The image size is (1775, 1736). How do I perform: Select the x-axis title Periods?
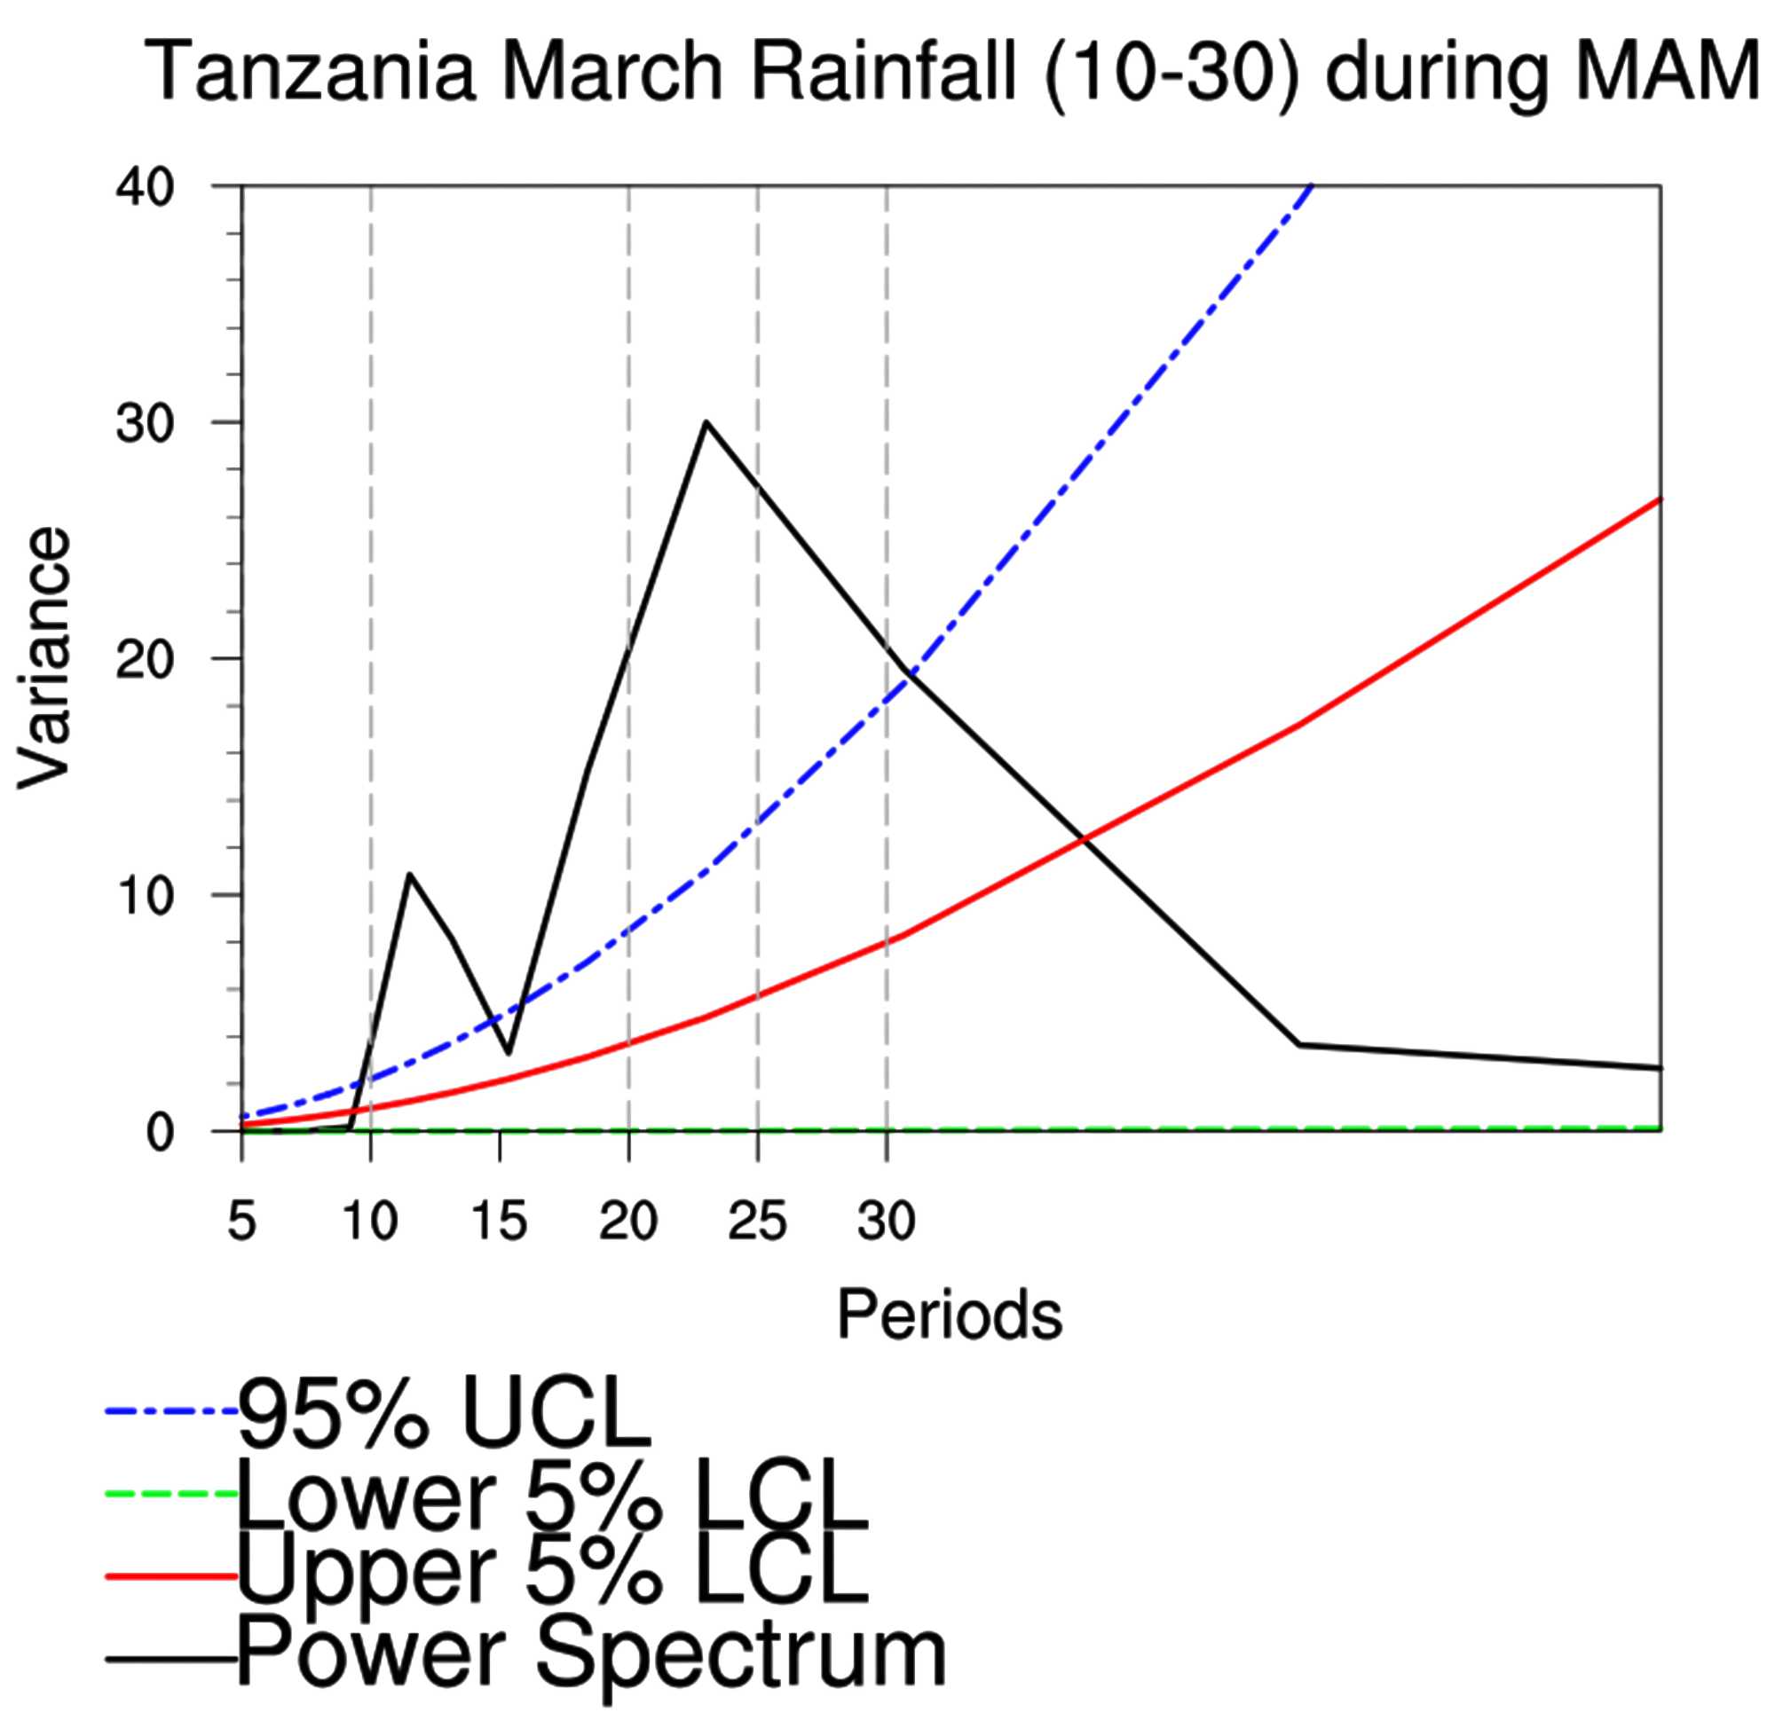[949, 1315]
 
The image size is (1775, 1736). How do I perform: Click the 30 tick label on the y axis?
[144, 424]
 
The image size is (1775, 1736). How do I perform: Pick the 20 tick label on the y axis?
[144, 660]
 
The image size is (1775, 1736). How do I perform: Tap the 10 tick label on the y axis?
[144, 896]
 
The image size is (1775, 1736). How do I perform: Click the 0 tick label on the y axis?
[159, 1133]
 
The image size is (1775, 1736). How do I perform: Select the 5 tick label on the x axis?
[241, 1221]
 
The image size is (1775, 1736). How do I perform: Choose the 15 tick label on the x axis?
[499, 1221]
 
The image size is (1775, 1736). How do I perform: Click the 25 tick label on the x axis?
[757, 1221]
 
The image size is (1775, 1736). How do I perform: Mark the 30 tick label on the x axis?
[886, 1221]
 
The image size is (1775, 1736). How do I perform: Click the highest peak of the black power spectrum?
[706, 422]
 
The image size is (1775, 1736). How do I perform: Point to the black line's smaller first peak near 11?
[409, 874]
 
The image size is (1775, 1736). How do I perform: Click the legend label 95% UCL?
[445, 1414]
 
